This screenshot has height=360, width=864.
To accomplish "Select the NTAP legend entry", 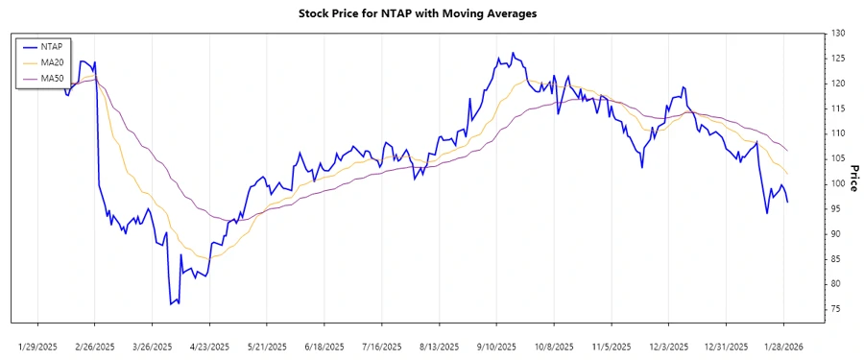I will pyautogui.click(x=51, y=45).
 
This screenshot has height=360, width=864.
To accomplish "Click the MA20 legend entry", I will pyautogui.click(x=51, y=61).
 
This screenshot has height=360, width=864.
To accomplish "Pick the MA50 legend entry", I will pyautogui.click(x=51, y=78).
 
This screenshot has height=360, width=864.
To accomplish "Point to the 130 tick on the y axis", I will pyautogui.click(x=838, y=34).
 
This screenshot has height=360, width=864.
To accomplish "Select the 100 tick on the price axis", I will pyautogui.click(x=838, y=183).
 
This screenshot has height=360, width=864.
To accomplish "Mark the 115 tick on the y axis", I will pyautogui.click(x=838, y=108).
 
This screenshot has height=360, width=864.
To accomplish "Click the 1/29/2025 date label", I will pyautogui.click(x=37, y=346).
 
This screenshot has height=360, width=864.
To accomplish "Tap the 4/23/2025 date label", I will pyautogui.click(x=209, y=346).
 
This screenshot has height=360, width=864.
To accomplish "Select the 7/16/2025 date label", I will pyautogui.click(x=382, y=346).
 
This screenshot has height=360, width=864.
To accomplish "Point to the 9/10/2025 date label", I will pyautogui.click(x=497, y=346).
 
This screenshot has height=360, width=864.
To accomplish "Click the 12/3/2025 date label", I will pyautogui.click(x=669, y=346).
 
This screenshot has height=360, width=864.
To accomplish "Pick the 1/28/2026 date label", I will pyautogui.click(x=784, y=346).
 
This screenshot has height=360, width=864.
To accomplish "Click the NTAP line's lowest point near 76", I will pyautogui.click(x=171, y=304).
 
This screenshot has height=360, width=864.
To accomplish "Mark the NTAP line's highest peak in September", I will pyautogui.click(x=513, y=53).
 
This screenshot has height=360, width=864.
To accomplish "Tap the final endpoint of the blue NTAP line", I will pyautogui.click(x=788, y=202).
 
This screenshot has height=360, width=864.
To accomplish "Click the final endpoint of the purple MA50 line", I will pyautogui.click(x=788, y=152).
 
